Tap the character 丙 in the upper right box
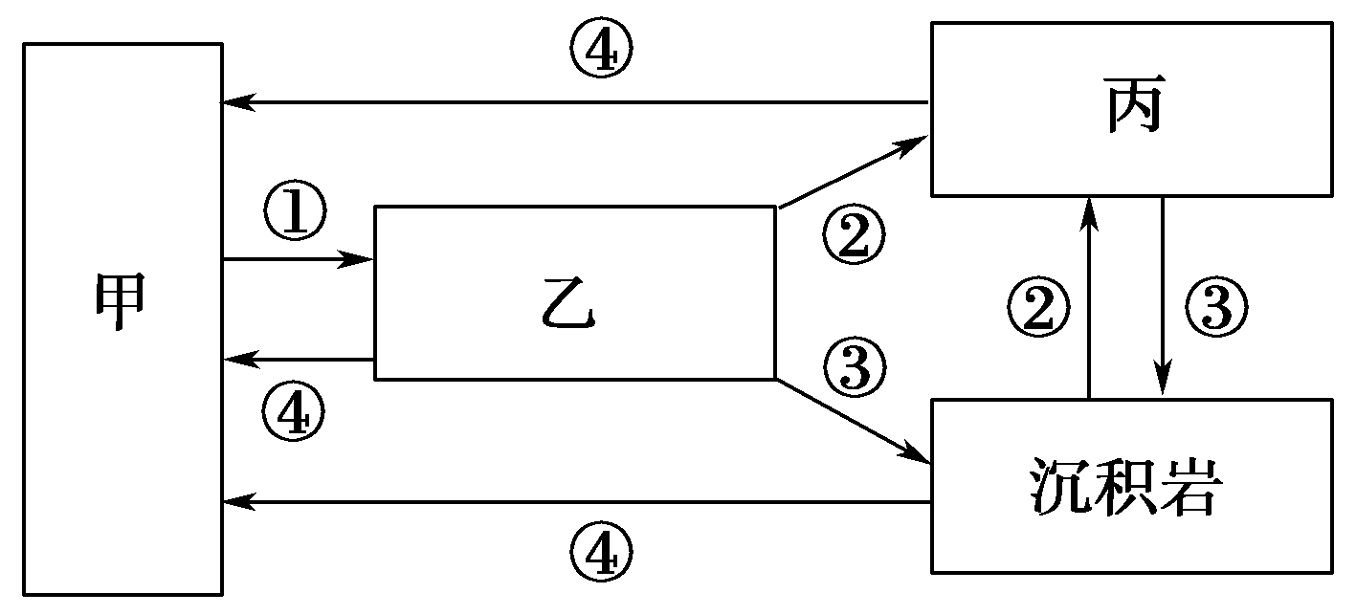(x=1135, y=109)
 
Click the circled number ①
(x=294, y=215)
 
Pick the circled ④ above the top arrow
(x=601, y=55)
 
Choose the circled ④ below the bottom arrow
(x=601, y=554)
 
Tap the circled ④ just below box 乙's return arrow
(x=293, y=412)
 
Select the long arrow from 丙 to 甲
(x=574, y=101)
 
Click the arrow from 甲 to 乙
(x=297, y=258)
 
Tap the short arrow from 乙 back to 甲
(x=297, y=360)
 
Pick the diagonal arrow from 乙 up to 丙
(x=852, y=173)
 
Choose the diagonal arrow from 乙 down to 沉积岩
(x=852, y=420)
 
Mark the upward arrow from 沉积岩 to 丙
(x=1089, y=297)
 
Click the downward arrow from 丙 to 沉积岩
(x=1163, y=297)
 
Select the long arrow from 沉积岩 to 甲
(x=574, y=501)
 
